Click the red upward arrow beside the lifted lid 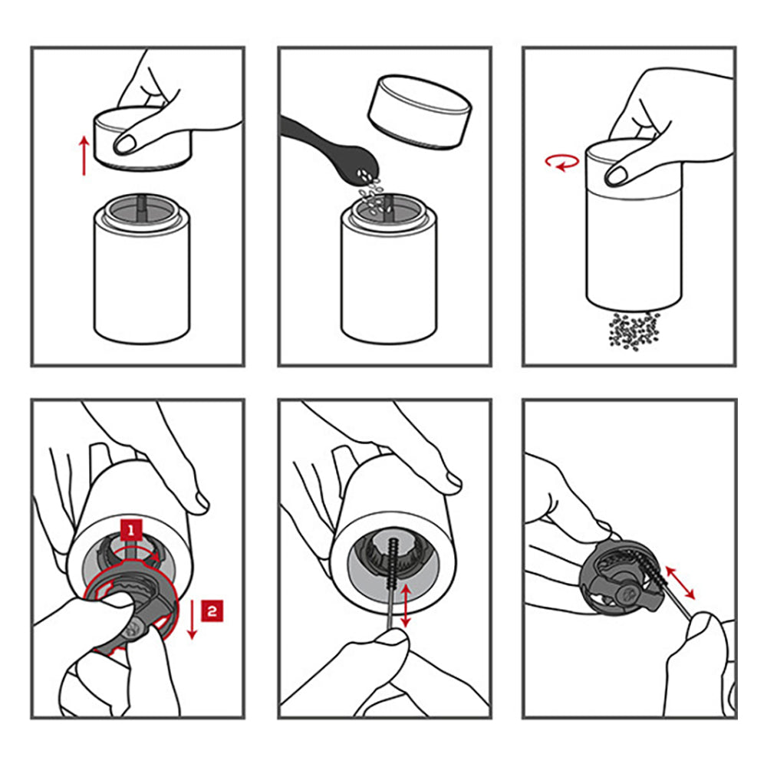[84, 156]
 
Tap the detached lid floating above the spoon [420, 111]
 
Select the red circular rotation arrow [562, 162]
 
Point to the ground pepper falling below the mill [634, 331]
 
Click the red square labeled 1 [131, 530]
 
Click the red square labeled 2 [212, 611]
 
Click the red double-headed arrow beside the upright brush [406, 605]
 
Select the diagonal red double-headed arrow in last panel [680, 582]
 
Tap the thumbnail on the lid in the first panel [125, 144]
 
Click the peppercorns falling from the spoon [373, 193]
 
